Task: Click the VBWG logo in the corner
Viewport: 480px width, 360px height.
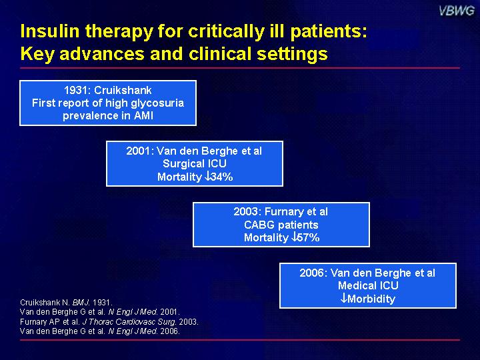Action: click(x=457, y=11)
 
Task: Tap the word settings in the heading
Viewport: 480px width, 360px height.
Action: click(x=292, y=54)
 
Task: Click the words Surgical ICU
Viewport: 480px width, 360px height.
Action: click(x=195, y=163)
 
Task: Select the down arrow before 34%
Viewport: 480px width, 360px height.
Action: click(x=207, y=176)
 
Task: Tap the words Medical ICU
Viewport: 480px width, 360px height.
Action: click(x=368, y=285)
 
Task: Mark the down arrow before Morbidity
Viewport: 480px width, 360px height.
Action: click(x=344, y=298)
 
